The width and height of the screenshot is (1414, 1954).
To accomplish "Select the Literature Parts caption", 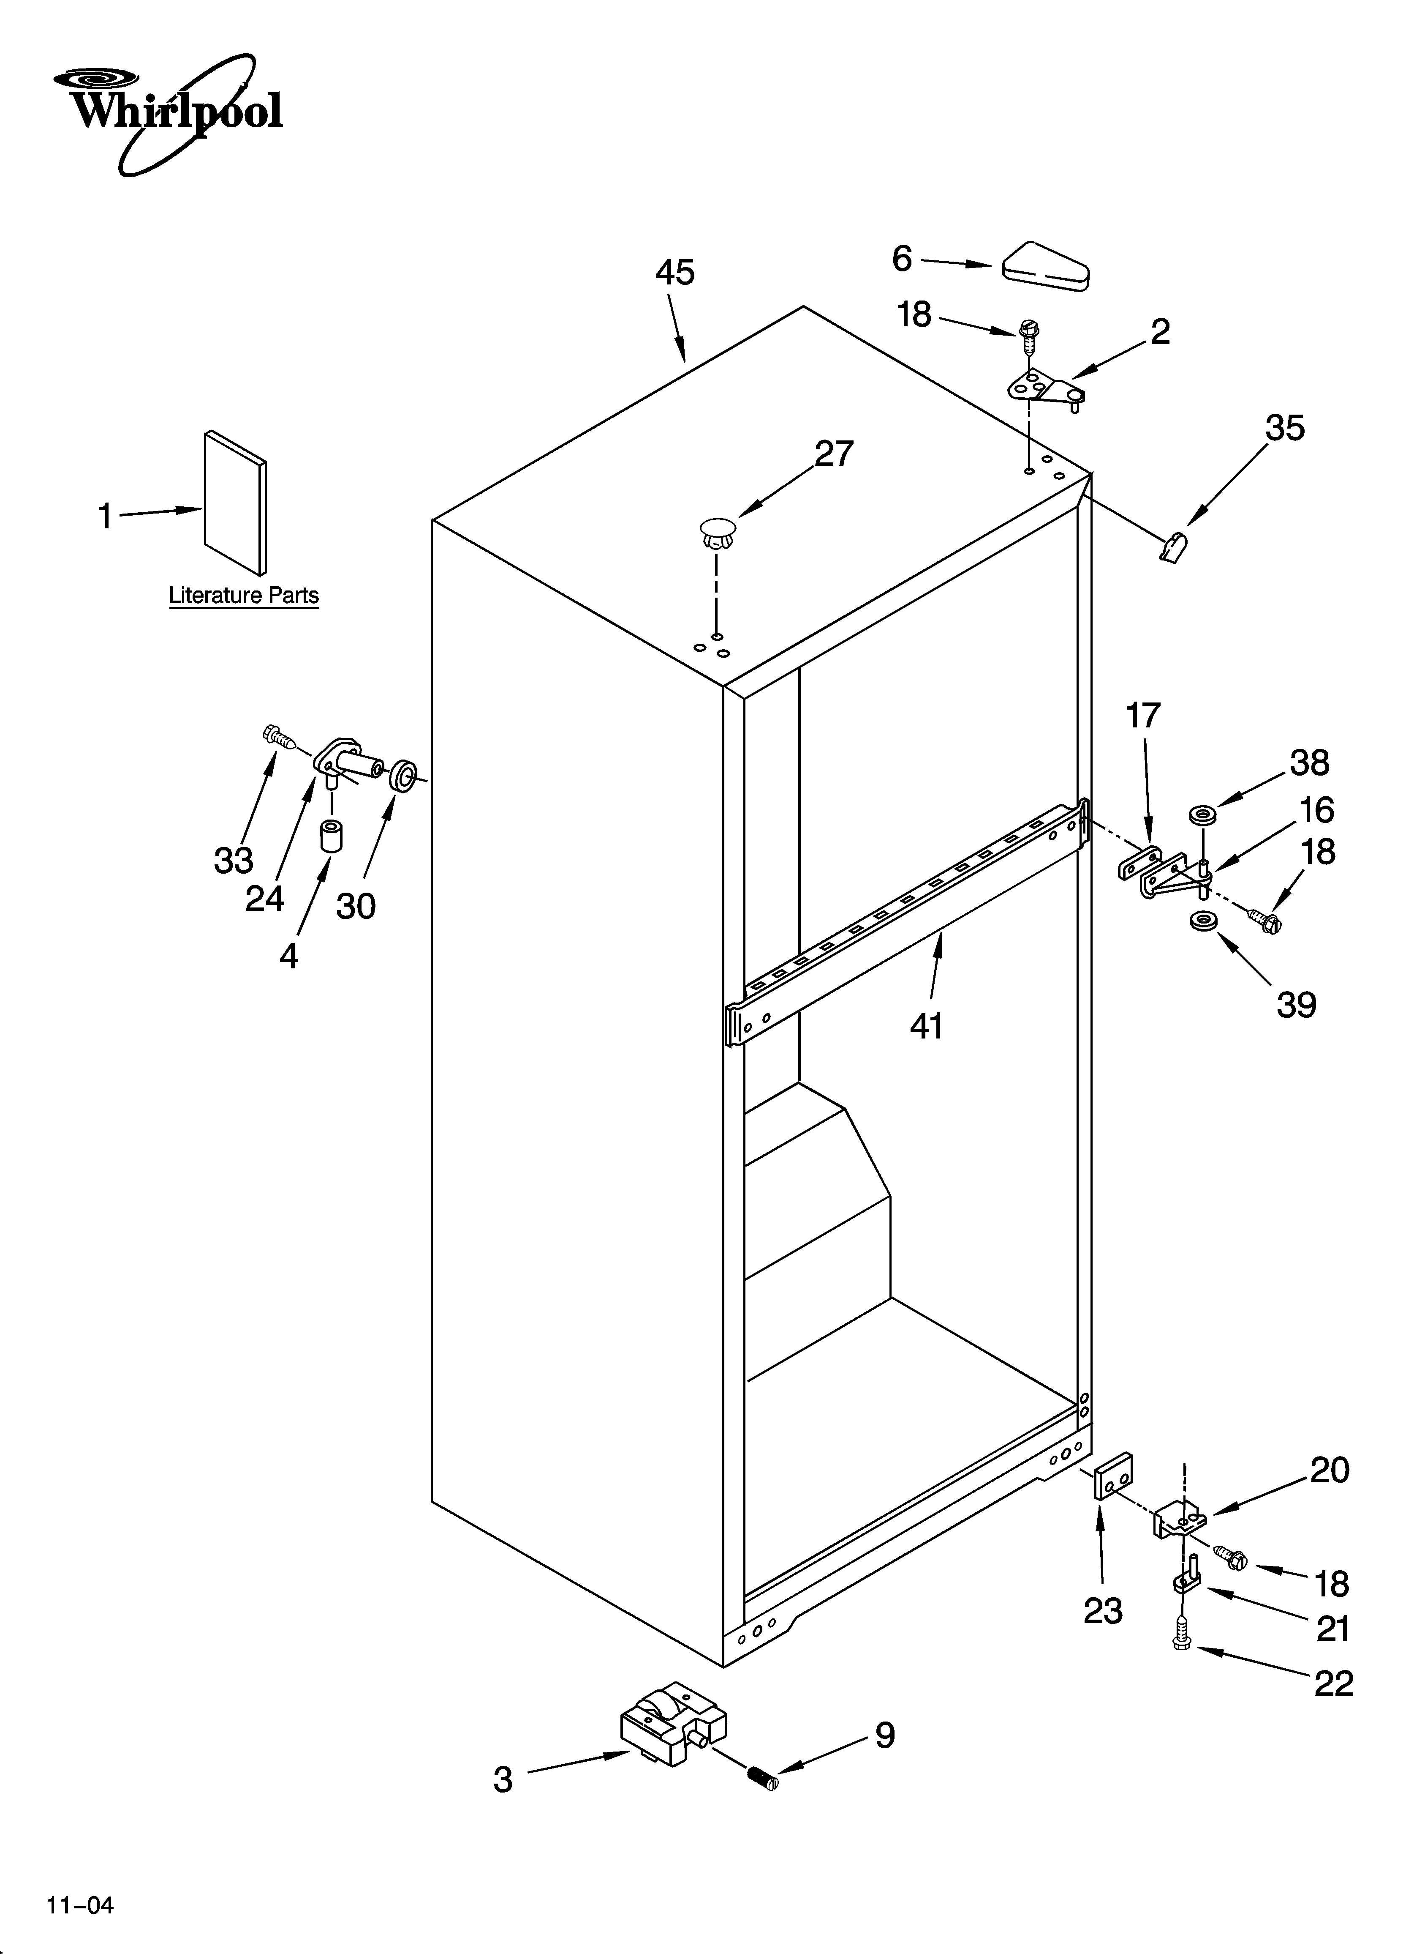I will click(244, 596).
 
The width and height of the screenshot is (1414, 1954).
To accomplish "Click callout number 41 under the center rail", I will click(927, 1025).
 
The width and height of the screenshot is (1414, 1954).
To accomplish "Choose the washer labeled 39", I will click(1201, 922).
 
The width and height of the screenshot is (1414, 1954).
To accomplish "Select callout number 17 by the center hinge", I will click(1144, 715).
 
